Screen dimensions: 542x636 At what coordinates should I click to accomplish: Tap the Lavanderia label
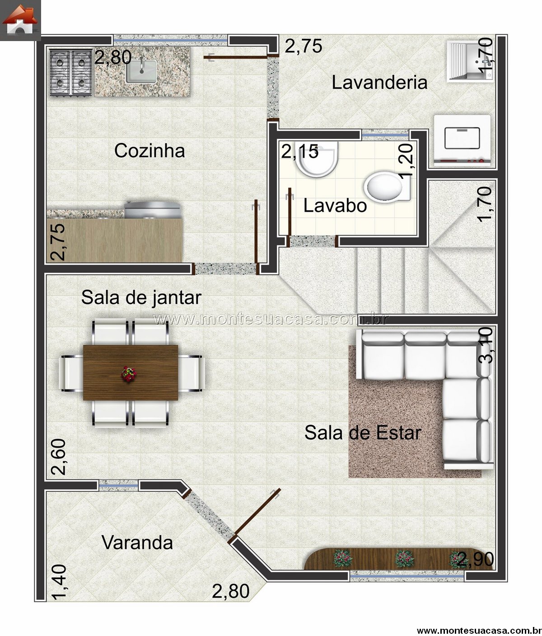click(x=379, y=83)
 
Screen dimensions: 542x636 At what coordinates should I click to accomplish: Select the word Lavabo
click(x=335, y=205)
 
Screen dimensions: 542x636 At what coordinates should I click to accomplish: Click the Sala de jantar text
click(x=141, y=297)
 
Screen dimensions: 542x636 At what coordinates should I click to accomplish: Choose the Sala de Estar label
click(x=363, y=432)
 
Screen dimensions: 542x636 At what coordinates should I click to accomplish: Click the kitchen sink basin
click(x=141, y=71)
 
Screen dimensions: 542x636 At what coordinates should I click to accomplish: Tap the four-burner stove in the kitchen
click(x=71, y=72)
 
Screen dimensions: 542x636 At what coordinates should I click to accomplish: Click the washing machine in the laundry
click(x=462, y=141)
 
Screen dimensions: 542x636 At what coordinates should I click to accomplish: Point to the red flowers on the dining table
click(x=129, y=374)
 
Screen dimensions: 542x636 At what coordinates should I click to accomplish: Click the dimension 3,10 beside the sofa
click(x=486, y=345)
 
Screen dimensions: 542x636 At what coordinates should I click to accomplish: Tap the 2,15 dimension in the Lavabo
click(x=299, y=151)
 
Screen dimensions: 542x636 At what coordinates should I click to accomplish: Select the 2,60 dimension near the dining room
click(x=58, y=457)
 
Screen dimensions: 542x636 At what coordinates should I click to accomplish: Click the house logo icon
click(x=20, y=20)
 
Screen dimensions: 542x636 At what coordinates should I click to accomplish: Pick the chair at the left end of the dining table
click(x=71, y=373)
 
